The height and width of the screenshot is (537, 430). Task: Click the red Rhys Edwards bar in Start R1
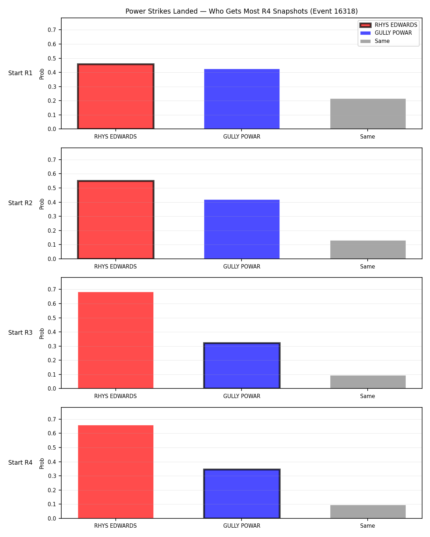115,96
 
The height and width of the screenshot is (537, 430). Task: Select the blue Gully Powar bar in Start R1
242,99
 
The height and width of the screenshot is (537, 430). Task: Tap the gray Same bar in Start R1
368,114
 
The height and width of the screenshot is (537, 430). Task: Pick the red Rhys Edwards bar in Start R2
115,219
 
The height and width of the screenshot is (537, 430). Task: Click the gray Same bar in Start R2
368,250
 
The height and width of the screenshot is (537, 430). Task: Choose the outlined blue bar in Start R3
242,365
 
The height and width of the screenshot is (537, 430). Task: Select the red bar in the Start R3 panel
115,340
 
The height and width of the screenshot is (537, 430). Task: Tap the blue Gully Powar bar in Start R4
242,494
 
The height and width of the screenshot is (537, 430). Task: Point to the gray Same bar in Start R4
368,512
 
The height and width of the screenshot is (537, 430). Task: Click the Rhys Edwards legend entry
388,25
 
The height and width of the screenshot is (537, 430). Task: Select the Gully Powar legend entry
386,33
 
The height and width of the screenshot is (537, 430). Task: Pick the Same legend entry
375,41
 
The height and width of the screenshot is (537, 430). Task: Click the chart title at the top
242,11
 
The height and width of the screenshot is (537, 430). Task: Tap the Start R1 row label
20,73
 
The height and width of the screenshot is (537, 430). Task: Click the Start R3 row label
20,333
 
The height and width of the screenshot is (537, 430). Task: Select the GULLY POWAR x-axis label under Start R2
242,266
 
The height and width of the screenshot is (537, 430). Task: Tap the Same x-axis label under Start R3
367,396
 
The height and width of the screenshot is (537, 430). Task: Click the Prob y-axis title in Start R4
42,463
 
